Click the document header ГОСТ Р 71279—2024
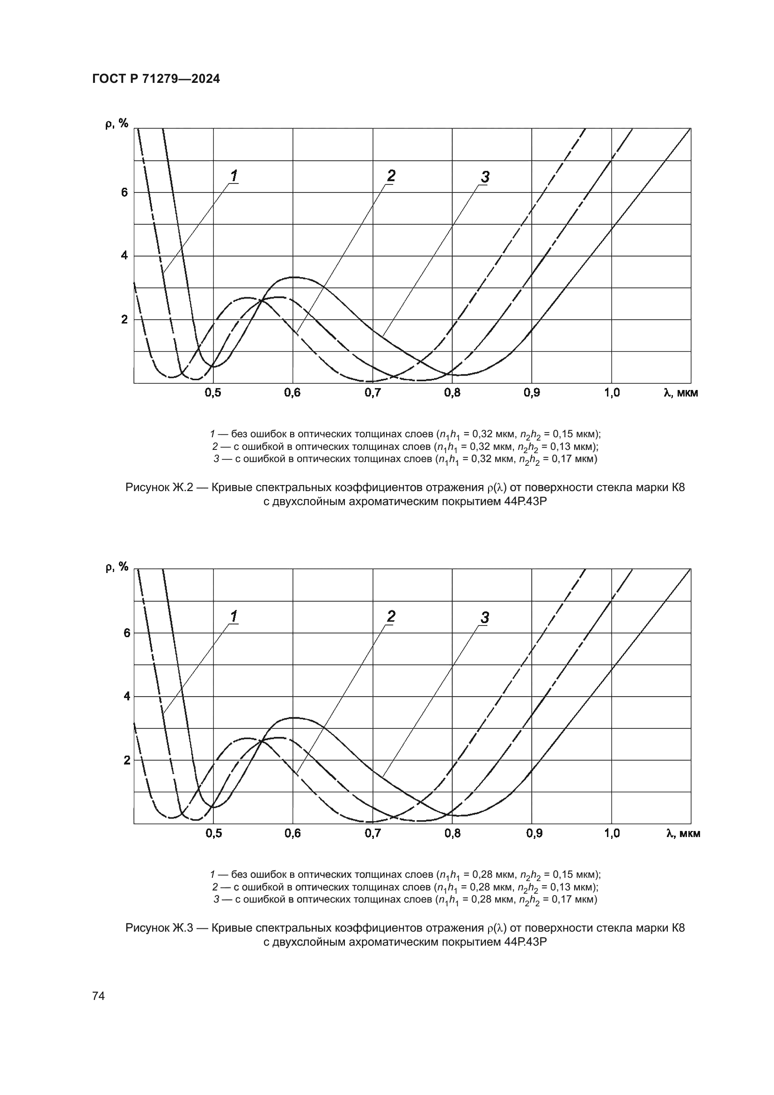pos(156,79)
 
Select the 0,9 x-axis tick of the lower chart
pos(534,833)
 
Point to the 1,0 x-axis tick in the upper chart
pos(612,392)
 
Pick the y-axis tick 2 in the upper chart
pos(124,320)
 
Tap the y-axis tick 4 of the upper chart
pos(124,256)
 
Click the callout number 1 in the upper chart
pos(234,176)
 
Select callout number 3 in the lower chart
pos(485,617)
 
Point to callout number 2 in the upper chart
pos(391,176)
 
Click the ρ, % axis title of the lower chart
pos(117,566)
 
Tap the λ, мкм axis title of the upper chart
pos(680,392)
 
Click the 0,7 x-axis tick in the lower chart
pos(372,833)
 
